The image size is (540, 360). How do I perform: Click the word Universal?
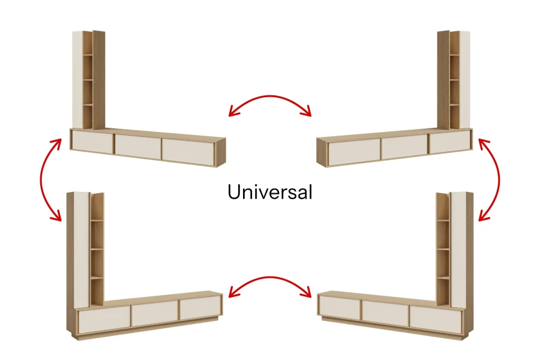pyautogui.click(x=269, y=191)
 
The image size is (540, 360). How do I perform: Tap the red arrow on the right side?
pyautogui.click(x=499, y=179)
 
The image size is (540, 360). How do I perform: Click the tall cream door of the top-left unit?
pyautogui.click(x=77, y=80)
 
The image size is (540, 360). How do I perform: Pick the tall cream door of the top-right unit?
pyautogui.click(x=464, y=80)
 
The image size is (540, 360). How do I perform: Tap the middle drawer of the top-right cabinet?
pyautogui.click(x=404, y=146)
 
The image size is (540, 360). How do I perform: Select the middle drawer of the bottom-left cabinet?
pyautogui.click(x=155, y=313)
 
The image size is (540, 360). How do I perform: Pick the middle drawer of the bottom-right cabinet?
pyautogui.click(x=385, y=313)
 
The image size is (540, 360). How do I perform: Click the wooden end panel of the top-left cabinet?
pyautogui.click(x=221, y=152)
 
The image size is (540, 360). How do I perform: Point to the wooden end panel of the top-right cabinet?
pyautogui.click(x=322, y=152)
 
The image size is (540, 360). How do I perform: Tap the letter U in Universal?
pyautogui.click(x=235, y=192)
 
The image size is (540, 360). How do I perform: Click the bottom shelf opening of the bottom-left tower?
pyautogui.click(x=97, y=291)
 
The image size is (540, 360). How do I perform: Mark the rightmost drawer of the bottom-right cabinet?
pyautogui.click(x=435, y=319)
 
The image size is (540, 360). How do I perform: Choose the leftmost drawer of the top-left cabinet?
pyautogui.click(x=92, y=141)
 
